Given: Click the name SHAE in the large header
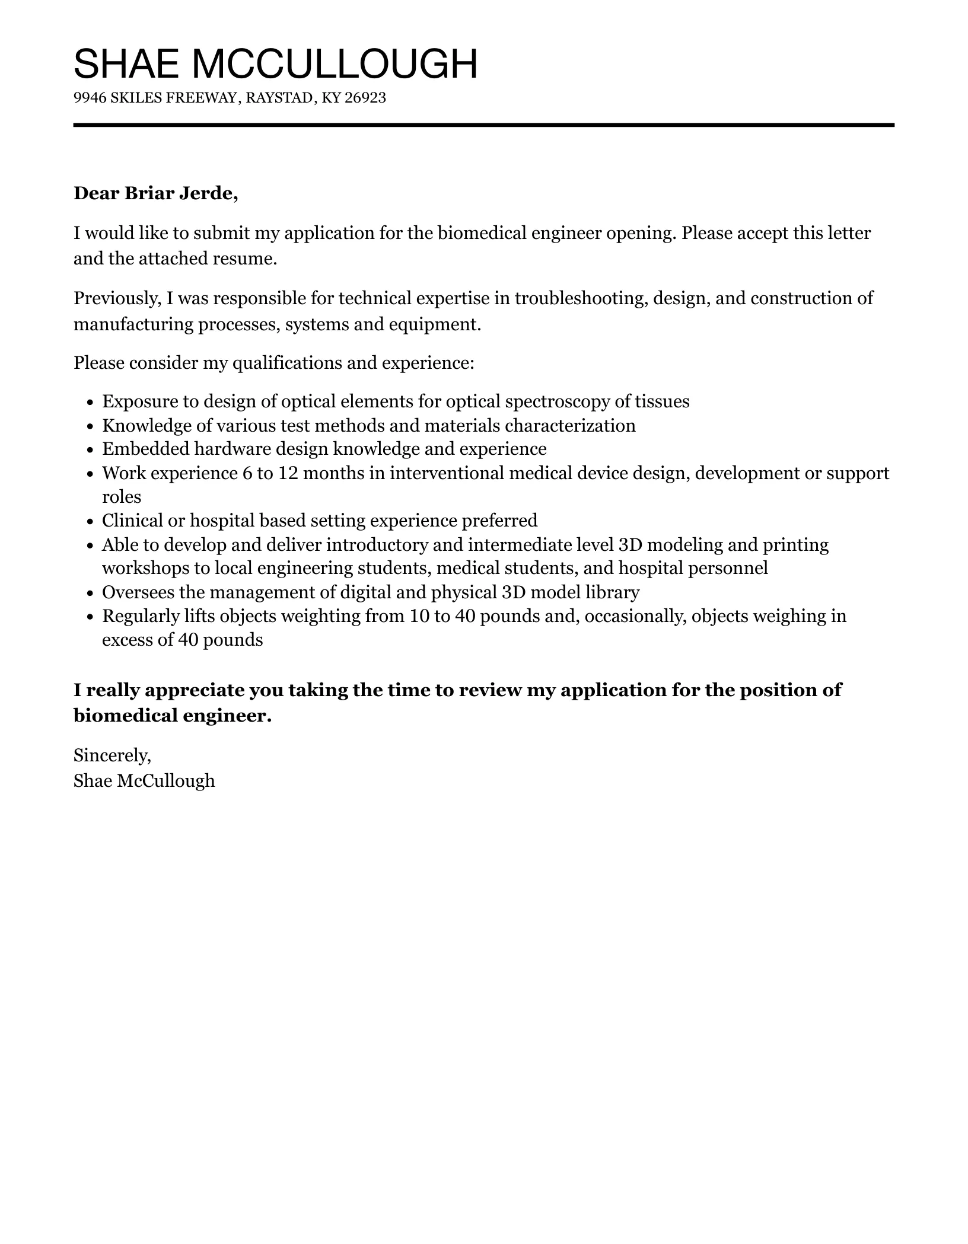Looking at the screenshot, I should [x=126, y=64].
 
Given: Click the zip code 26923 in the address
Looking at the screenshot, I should [x=365, y=98].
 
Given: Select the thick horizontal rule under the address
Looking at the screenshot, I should [x=483, y=125].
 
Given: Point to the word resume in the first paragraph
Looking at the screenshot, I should [x=250, y=259].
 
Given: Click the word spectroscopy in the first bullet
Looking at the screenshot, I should [x=557, y=401].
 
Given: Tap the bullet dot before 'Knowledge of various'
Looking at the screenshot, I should [x=90, y=426].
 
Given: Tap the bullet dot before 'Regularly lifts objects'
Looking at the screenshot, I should [x=90, y=617].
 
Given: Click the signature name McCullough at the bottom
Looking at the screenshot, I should [x=165, y=781].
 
